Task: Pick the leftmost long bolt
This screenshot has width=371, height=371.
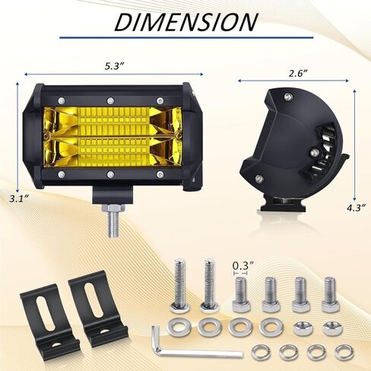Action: pyautogui.click(x=180, y=286)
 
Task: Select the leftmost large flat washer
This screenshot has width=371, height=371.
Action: pyautogui.click(x=181, y=328)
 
